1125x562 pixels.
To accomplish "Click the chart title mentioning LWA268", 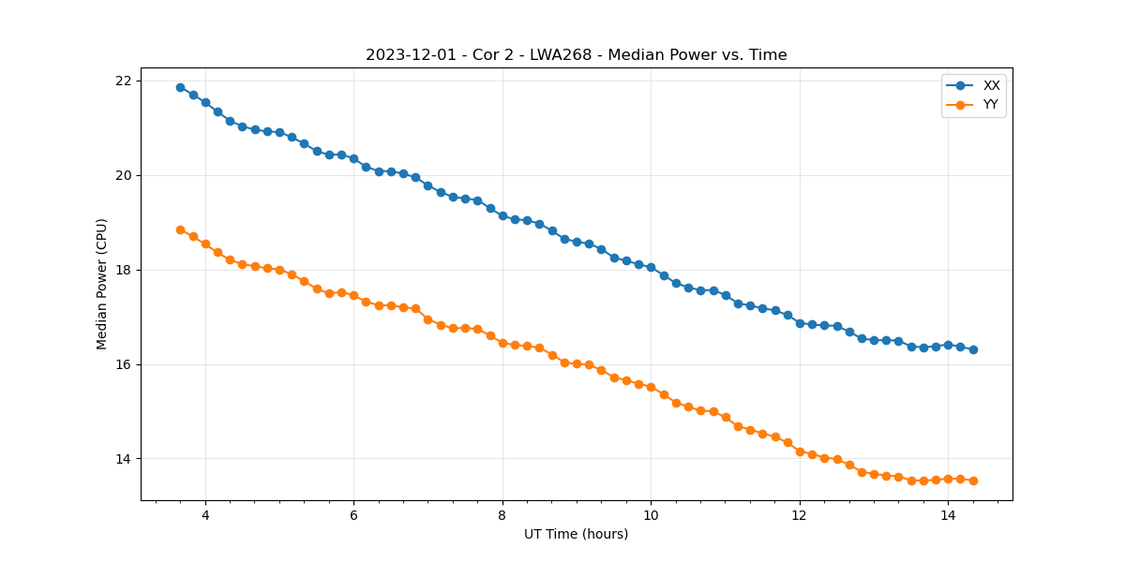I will tap(576, 55).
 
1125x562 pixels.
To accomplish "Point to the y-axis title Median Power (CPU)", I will tap(102, 284).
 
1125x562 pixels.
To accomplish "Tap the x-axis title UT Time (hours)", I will tap(576, 534).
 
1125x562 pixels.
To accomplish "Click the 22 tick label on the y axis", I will tap(123, 81).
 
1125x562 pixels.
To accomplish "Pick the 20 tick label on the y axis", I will tap(123, 175).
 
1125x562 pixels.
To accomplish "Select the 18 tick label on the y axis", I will tap(123, 270).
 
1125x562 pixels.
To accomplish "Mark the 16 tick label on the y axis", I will tap(123, 364).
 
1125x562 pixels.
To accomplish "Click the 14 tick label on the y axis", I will tap(123, 459).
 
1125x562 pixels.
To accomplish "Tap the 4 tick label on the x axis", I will tap(205, 515).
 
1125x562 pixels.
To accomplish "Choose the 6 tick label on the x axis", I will tap(353, 515).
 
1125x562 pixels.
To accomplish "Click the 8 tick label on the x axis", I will tap(502, 515).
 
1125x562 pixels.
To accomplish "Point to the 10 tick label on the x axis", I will tap(651, 515).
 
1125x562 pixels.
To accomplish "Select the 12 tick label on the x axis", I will tap(800, 515).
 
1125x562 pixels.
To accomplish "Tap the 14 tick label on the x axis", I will tap(948, 515).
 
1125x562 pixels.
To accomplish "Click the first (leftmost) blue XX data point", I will tap(180, 87).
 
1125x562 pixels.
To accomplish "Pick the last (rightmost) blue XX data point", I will tap(973, 349).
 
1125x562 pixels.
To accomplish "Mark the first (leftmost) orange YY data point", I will tap(180, 229).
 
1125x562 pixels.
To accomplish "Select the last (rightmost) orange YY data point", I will tap(973, 481).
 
